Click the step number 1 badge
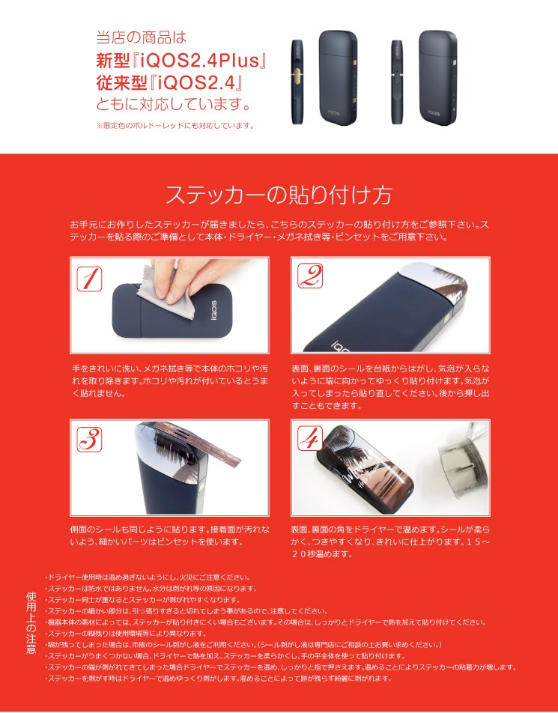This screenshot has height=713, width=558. click(89, 279)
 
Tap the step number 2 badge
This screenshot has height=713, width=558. click(310, 276)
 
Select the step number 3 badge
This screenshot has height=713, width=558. click(89, 439)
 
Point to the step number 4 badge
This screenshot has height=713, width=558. click(310, 437)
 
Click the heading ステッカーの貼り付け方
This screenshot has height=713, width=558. click(279, 195)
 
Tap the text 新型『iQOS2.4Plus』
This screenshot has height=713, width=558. click(181, 60)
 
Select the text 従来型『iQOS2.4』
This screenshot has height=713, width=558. click(169, 82)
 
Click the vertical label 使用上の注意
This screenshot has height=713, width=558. click(31, 622)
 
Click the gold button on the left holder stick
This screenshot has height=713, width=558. click(297, 77)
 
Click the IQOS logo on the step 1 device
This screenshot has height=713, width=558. click(213, 311)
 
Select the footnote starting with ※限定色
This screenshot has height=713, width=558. click(175, 126)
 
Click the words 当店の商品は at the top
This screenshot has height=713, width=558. click(142, 37)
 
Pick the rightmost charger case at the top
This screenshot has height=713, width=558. click(437, 78)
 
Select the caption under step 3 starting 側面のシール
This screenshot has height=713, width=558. click(169, 535)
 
